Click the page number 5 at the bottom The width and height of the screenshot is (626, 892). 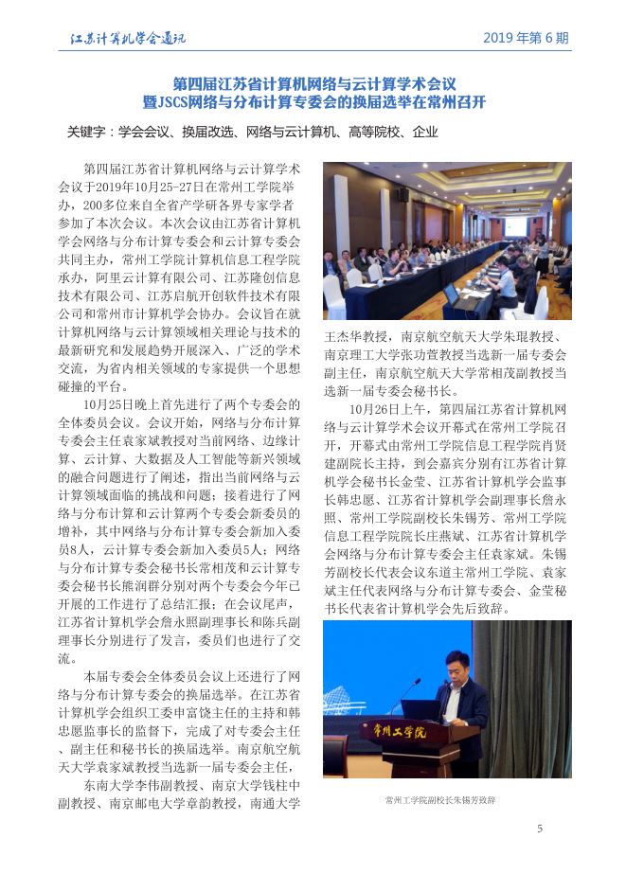(540, 830)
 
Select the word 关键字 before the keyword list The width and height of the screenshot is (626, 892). (84, 133)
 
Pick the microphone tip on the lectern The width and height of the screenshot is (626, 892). (419, 681)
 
